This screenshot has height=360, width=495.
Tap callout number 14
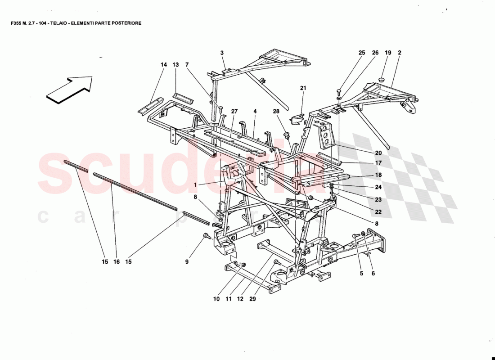click(163, 65)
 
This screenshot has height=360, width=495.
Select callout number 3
click(222, 53)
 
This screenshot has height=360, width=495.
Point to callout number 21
click(303, 88)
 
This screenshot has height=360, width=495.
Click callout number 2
click(399, 53)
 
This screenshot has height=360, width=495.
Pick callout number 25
click(362, 53)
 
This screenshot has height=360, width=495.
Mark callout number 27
click(234, 111)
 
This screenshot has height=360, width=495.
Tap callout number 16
click(117, 262)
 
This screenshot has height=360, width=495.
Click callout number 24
click(378, 187)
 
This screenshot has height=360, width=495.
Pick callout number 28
click(276, 111)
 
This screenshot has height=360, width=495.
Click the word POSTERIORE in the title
click(125, 23)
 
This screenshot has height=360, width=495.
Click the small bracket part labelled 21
click(297, 120)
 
